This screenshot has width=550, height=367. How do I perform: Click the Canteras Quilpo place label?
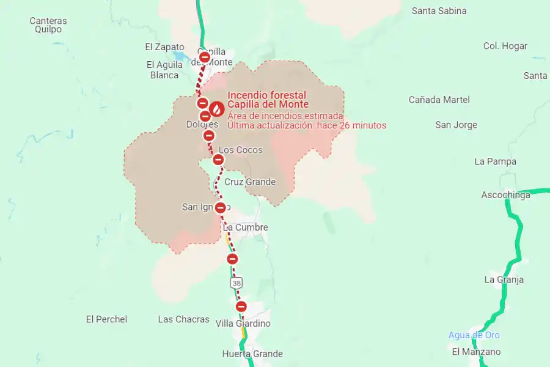[48, 25]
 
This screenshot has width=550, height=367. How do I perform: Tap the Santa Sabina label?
[439, 11]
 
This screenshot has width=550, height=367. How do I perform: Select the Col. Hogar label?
[505, 46]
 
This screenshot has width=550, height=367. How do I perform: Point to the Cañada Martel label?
[439, 100]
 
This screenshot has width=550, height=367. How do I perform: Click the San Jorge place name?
[456, 125]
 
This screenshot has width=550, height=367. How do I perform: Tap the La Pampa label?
[495, 161]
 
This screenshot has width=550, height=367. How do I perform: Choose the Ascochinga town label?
[505, 195]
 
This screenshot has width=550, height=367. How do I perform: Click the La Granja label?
[504, 280]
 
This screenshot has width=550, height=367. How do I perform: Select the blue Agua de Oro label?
[474, 335]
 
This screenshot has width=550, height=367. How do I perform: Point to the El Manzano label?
[476, 352]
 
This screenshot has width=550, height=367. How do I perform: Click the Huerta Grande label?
[252, 354]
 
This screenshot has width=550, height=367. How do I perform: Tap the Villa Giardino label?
[243, 324]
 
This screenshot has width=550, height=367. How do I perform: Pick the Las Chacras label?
[183, 319]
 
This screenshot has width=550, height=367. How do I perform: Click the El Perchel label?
[106, 319]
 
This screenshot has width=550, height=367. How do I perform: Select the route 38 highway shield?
[237, 283]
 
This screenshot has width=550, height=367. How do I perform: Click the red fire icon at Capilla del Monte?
[216, 109]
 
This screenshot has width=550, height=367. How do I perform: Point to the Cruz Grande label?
[250, 182]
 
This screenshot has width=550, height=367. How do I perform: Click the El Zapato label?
[164, 47]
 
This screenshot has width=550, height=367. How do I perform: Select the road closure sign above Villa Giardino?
[241, 306]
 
